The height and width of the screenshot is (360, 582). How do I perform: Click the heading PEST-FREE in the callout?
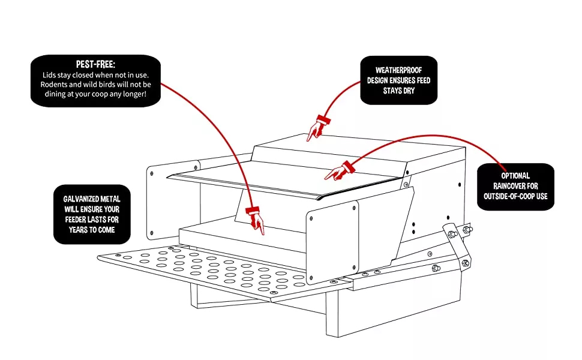95,64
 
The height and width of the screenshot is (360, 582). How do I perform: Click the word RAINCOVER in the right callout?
515,186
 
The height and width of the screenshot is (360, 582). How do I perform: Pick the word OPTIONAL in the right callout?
515,176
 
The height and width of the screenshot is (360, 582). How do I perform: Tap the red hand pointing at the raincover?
338,170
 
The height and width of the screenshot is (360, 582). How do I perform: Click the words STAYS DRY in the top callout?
399,91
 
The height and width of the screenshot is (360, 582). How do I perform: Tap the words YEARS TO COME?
91,230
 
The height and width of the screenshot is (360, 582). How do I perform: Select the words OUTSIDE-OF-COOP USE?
515,196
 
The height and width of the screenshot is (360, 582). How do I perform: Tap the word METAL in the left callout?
115,199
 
